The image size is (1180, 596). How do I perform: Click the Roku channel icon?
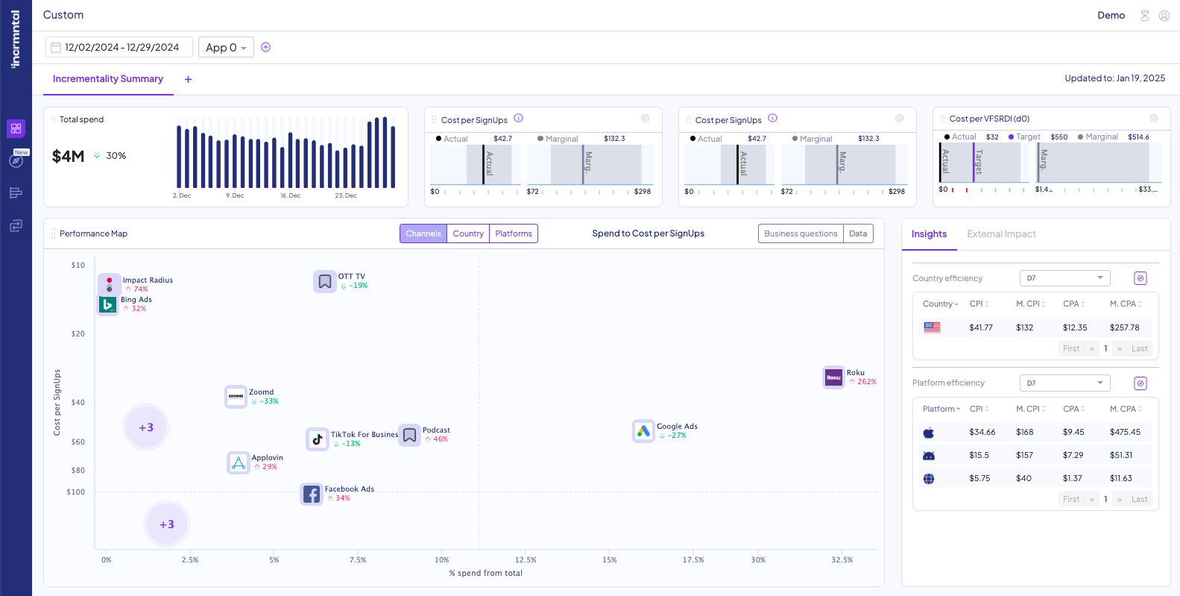[x=833, y=377]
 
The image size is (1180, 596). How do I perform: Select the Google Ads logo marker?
[x=643, y=431]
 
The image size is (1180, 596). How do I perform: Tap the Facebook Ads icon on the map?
[x=312, y=494]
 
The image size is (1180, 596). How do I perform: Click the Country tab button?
[x=468, y=233]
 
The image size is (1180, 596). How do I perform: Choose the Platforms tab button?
[x=514, y=233]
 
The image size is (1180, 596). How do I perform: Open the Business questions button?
[x=801, y=233]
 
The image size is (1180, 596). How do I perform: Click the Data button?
[x=858, y=233]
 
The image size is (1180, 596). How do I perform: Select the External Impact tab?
[x=1001, y=234]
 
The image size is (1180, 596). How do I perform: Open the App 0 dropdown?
[x=226, y=47]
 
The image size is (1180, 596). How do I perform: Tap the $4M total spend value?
[x=68, y=156]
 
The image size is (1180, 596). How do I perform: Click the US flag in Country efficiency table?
[x=932, y=327]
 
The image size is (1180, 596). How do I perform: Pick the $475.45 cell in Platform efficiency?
[x=1124, y=432]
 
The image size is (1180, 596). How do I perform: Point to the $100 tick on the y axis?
[x=75, y=492]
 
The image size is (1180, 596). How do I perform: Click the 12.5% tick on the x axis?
[x=526, y=559]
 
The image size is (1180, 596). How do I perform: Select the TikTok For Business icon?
[x=318, y=439]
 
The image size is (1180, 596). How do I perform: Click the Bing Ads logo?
[x=108, y=304]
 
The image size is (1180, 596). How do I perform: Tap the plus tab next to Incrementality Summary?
[x=188, y=79]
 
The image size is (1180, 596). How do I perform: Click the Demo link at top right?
[x=1111, y=16]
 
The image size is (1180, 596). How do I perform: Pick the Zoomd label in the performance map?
[x=261, y=392]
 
